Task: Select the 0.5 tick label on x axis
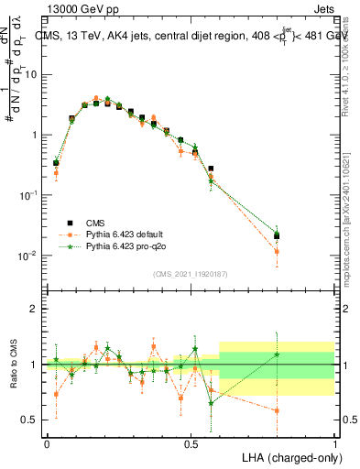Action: (x=191, y=442)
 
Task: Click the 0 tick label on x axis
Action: (x=47, y=442)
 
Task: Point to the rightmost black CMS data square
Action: (x=277, y=236)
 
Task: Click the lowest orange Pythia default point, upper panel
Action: (x=277, y=250)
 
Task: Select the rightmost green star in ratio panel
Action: (x=277, y=354)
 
